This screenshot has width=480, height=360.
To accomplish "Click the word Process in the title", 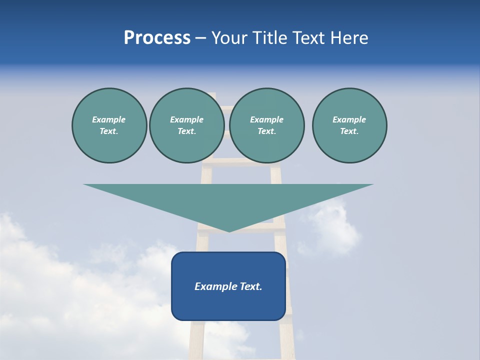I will pyautogui.click(x=157, y=38).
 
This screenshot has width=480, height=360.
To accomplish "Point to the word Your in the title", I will pyautogui.click(x=230, y=38).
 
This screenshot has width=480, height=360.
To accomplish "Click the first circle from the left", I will pyautogui.click(x=109, y=125).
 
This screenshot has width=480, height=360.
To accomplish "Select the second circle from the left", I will pyautogui.click(x=187, y=125).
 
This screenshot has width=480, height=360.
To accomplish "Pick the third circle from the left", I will pyautogui.click(x=266, y=125).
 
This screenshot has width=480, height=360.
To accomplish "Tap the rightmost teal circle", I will pyautogui.click(x=349, y=125).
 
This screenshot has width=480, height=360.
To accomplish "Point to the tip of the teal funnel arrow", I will pyautogui.click(x=229, y=231).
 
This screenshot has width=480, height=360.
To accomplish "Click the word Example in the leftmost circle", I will pyautogui.click(x=109, y=119).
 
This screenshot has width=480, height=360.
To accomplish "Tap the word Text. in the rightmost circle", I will pyautogui.click(x=349, y=131).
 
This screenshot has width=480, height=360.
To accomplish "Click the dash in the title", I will pyautogui.click(x=200, y=38).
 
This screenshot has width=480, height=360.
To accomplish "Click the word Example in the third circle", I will pyautogui.click(x=266, y=119).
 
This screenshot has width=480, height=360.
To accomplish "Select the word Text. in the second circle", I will pyautogui.click(x=187, y=131).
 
